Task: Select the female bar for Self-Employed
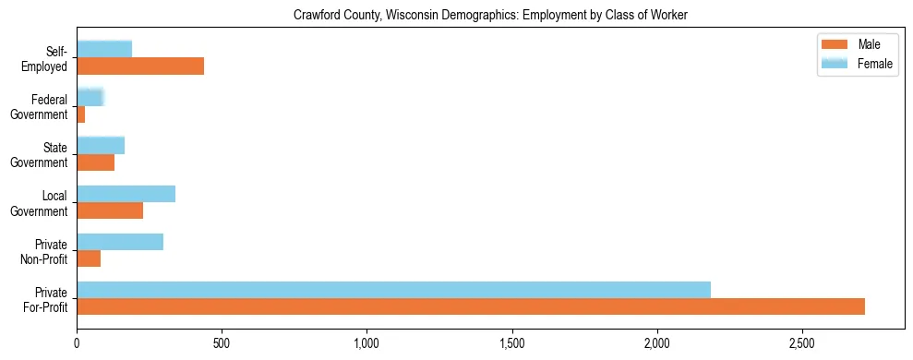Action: pyautogui.click(x=104, y=49)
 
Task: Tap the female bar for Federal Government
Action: pyautogui.click(x=90, y=97)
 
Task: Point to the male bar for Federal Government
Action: pyautogui.click(x=81, y=114)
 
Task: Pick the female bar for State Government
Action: pyautogui.click(x=101, y=145)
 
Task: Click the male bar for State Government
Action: pyautogui.click(x=96, y=162)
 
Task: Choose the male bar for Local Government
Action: pyautogui.click(x=110, y=210)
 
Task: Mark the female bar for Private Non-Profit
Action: pyautogui.click(x=120, y=242)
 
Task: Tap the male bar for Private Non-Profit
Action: pyautogui.click(x=89, y=258)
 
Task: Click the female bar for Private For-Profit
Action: pyautogui.click(x=394, y=290)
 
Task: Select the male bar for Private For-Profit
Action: pyautogui.click(x=471, y=306)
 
